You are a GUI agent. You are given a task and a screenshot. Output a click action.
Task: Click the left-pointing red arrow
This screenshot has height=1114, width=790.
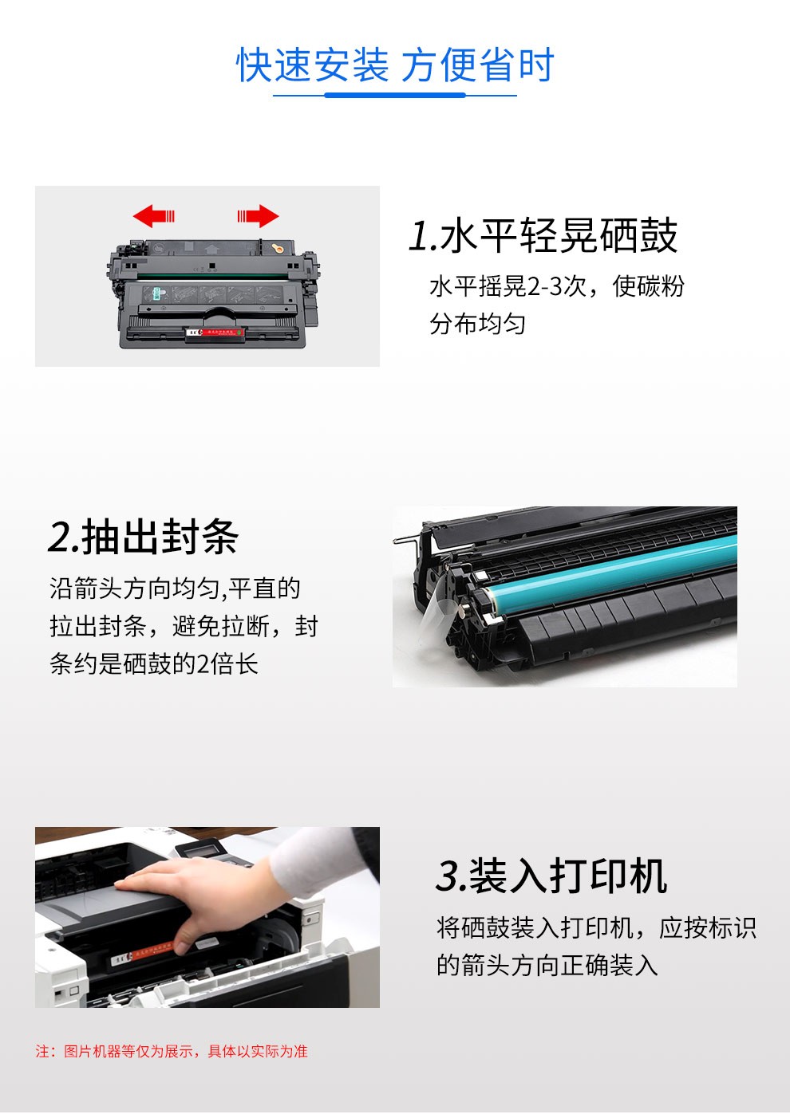click(x=154, y=216)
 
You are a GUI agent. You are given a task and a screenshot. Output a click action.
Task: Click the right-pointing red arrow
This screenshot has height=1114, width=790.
click(x=258, y=216)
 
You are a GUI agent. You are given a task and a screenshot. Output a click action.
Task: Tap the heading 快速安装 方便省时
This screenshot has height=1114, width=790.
click(x=395, y=65)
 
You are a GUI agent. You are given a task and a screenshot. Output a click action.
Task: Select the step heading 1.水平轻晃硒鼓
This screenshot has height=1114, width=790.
click(x=543, y=235)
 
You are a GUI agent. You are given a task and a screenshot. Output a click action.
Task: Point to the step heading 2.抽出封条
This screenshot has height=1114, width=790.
click(x=144, y=536)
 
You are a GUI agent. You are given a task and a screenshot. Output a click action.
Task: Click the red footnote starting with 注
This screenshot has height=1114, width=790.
click(x=172, y=1051)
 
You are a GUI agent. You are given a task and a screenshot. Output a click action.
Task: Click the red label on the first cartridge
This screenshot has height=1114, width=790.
click(x=215, y=332)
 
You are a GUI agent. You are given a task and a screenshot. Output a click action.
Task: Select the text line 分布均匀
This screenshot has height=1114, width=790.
click(x=477, y=324)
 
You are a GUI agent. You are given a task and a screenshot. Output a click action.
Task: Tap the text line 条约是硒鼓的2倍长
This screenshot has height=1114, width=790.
click(x=154, y=663)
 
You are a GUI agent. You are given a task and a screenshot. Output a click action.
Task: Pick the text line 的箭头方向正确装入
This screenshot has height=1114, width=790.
click(x=547, y=965)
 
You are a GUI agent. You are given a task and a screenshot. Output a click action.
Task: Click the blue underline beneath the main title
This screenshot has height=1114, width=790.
click(x=395, y=95)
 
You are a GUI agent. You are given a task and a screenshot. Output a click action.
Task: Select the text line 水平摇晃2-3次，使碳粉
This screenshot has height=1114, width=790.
click(x=556, y=286)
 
